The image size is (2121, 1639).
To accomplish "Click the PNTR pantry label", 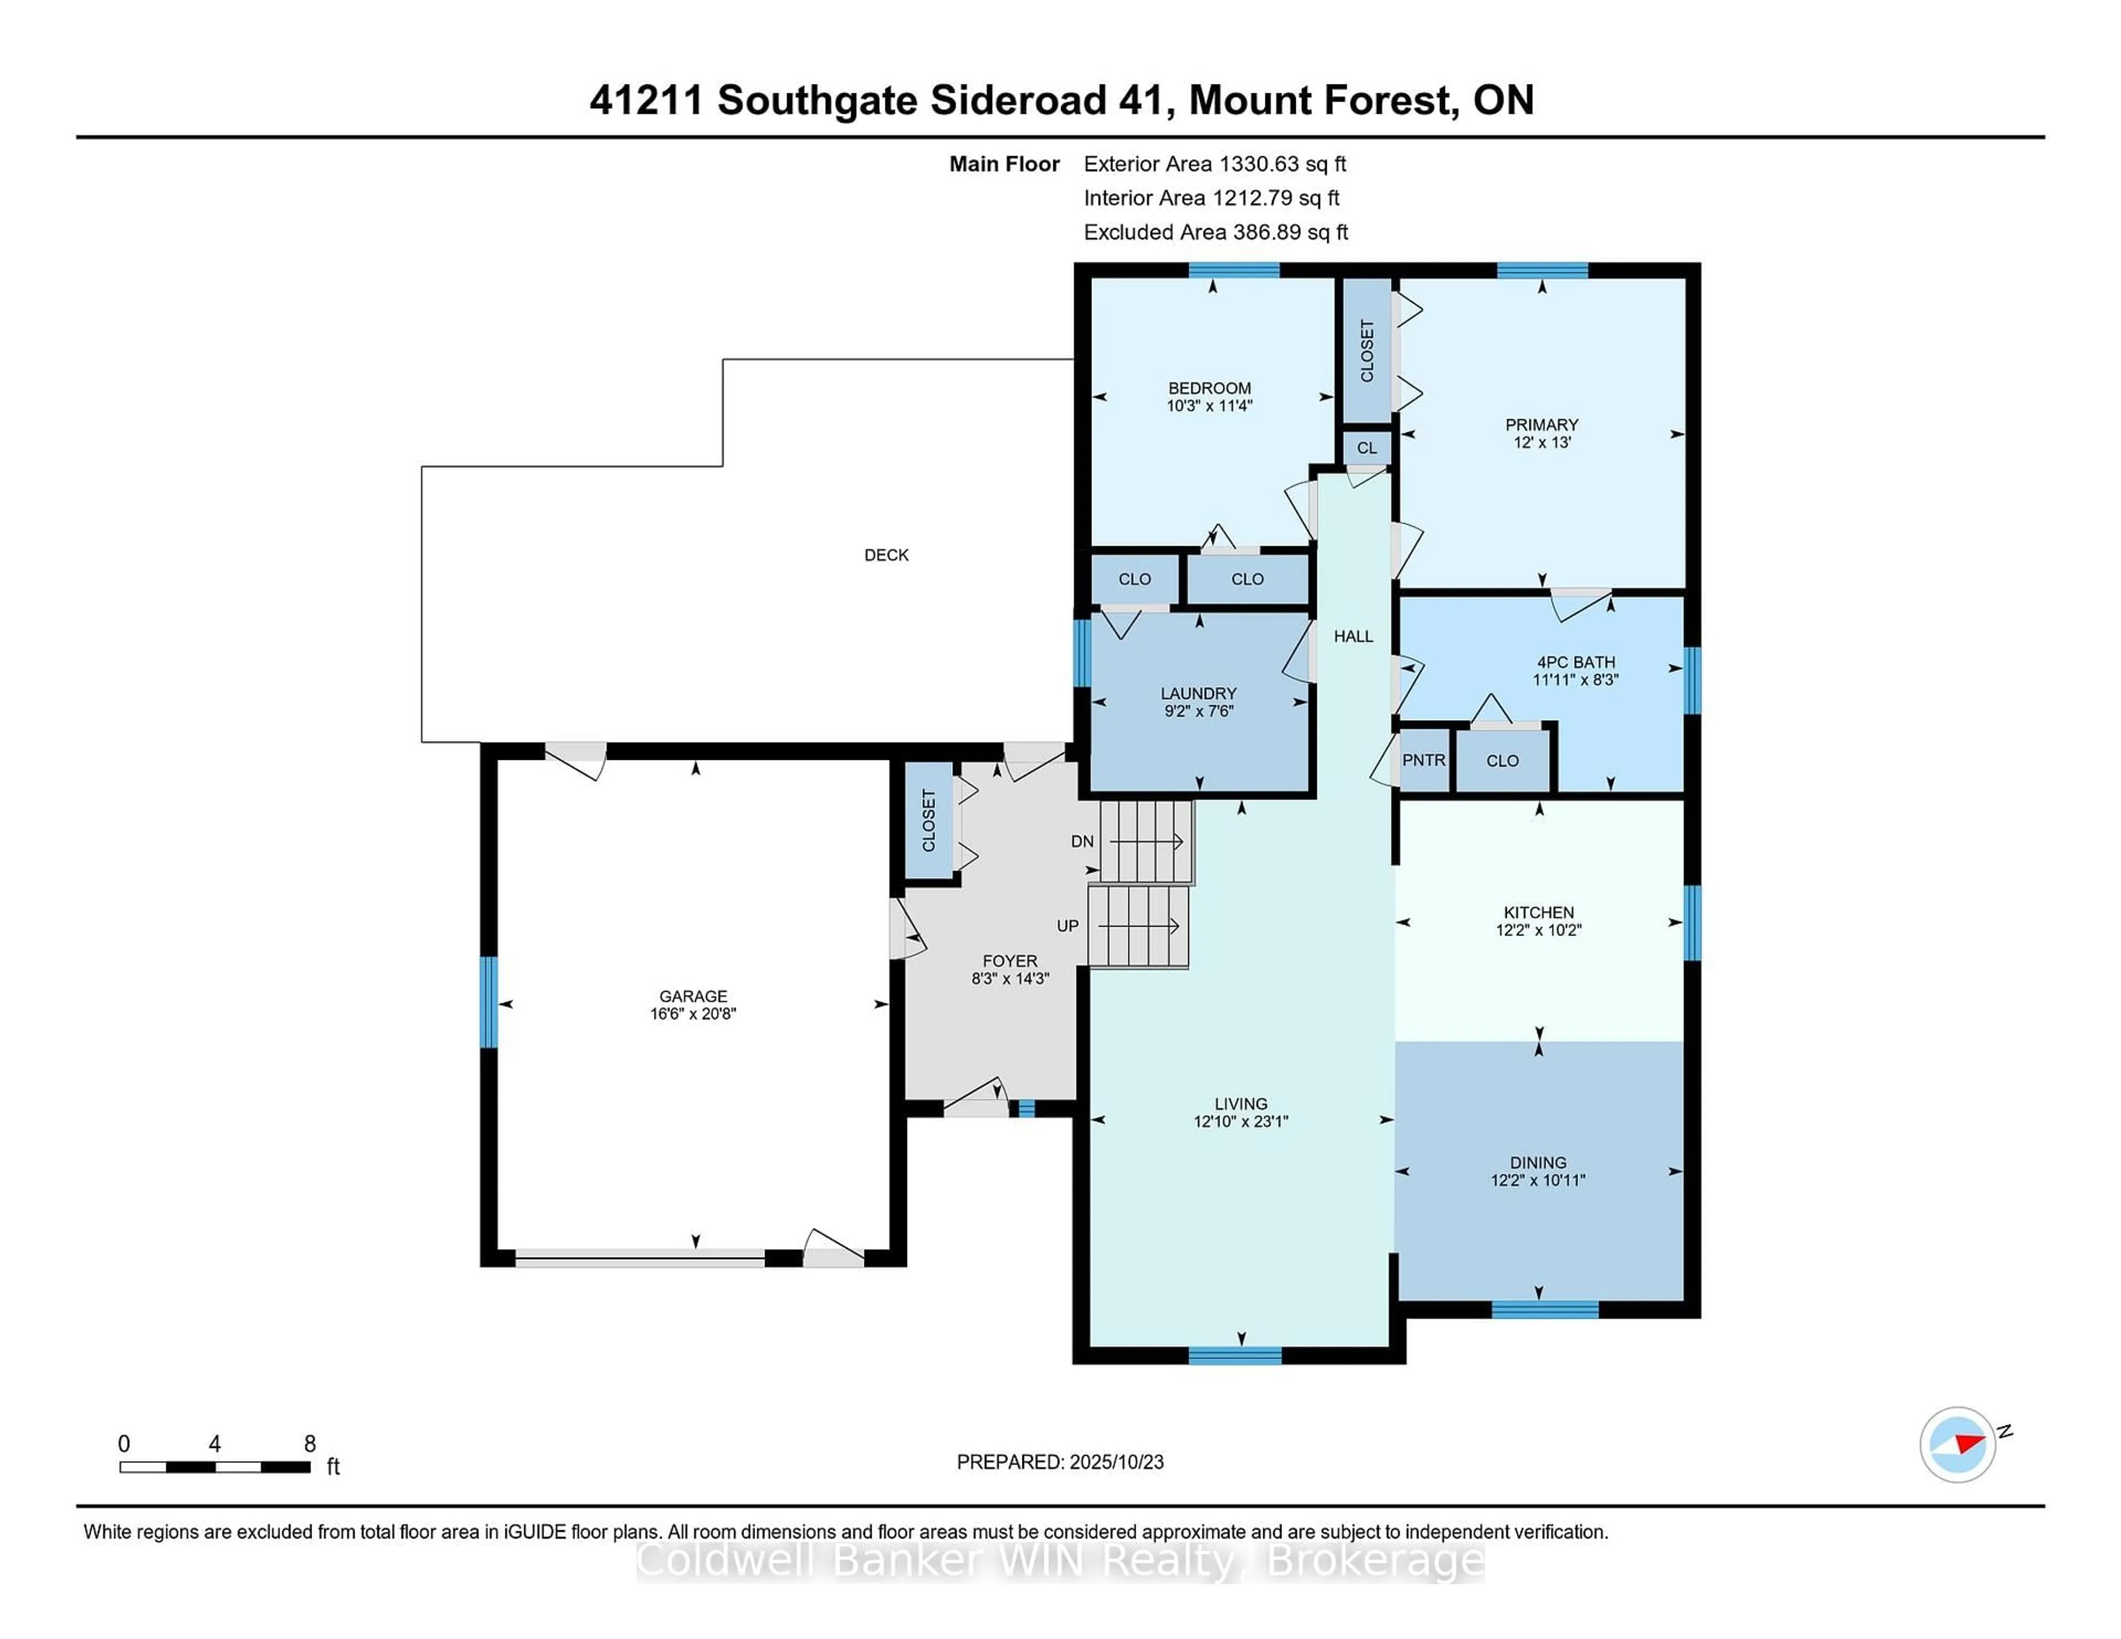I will pos(1424,760).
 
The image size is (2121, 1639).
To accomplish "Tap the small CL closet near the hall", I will pos(1366,448).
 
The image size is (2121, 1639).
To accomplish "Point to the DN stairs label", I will pos(1082,842).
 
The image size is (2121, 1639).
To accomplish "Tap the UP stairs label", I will pos(1067,926).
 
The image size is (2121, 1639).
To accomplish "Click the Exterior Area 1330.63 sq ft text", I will pos(1214,164).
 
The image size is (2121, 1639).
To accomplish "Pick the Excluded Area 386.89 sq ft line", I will pos(1215,232).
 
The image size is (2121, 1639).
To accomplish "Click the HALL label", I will pos(1353,637).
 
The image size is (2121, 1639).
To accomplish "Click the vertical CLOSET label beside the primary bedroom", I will pos(1366,351).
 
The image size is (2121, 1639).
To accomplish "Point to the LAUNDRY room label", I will pos(1199,693).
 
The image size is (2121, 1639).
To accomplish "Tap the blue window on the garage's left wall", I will pos(488,1002).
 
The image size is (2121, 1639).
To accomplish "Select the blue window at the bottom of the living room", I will pos(1234,1356).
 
